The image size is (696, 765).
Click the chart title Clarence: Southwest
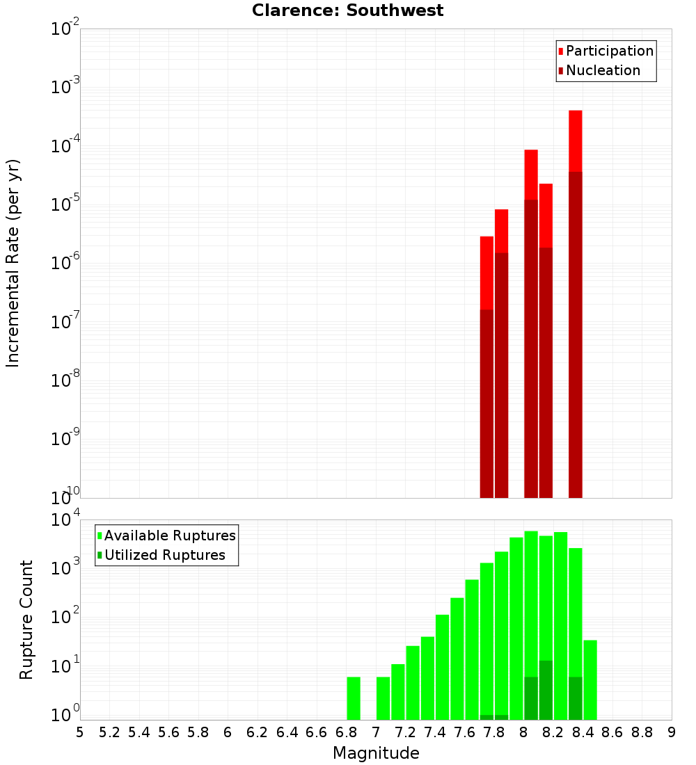[347, 10]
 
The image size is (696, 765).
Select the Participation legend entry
[609, 51]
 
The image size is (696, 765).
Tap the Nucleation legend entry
[602, 70]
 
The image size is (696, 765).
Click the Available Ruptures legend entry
[169, 535]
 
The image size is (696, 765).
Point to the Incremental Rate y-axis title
[13, 264]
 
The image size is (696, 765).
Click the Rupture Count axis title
[26, 620]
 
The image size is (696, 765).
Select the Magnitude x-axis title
[376, 753]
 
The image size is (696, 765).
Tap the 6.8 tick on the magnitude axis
[346, 732]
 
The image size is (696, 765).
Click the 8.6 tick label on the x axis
[612, 732]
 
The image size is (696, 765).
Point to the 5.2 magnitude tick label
[109, 732]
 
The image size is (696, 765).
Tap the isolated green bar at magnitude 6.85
[354, 698]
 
